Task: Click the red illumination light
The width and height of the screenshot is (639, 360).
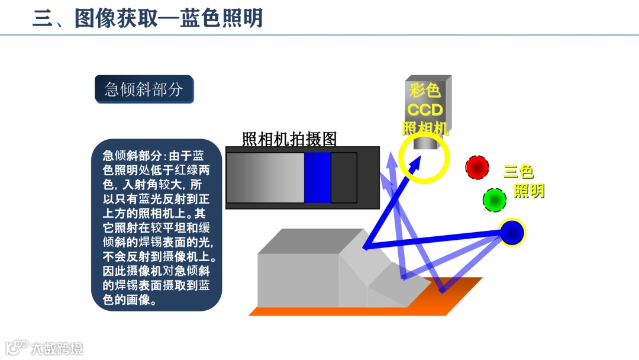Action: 477,168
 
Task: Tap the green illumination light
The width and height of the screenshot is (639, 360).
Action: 494,200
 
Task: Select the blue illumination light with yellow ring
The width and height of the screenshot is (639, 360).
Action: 512,232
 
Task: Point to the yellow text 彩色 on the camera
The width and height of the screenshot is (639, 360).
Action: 425,91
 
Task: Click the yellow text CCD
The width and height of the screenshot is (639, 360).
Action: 425,110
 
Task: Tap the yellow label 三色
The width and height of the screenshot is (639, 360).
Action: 518,172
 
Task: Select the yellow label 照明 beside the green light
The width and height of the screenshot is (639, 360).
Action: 528,191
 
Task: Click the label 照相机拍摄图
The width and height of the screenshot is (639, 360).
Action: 289,139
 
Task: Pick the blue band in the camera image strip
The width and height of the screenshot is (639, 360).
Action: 317,178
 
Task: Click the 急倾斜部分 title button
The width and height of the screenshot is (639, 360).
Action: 144,89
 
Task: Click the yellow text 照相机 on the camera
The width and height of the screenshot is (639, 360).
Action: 425,128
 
